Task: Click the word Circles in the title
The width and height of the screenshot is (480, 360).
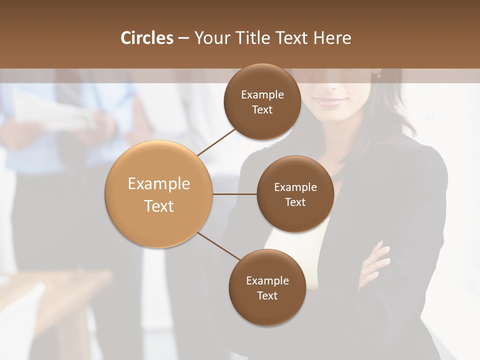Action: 146,38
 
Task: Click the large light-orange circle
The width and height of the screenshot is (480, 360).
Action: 159,194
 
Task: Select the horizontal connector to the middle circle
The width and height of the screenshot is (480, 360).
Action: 235,194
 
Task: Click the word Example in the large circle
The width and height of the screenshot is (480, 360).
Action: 159,184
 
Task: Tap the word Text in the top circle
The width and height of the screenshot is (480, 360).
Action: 262,110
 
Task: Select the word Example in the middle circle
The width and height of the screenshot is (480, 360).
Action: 295,187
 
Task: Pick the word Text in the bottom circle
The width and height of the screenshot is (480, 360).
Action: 267,295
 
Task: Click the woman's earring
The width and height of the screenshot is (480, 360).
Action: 379,74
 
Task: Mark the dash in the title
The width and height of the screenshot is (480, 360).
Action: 183,38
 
